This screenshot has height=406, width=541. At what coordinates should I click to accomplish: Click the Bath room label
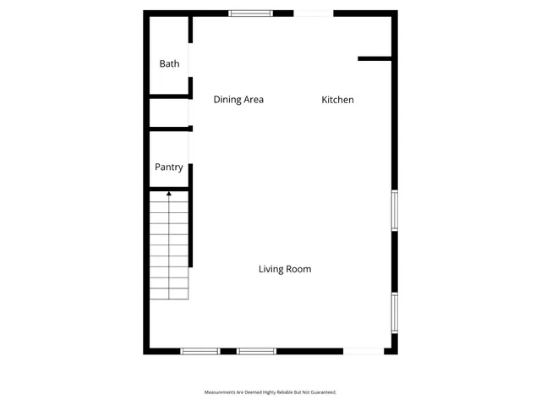pyautogui.click(x=170, y=63)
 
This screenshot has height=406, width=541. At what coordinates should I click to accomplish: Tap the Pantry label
pyautogui.click(x=169, y=167)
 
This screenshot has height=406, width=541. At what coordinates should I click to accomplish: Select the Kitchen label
pyautogui.click(x=337, y=100)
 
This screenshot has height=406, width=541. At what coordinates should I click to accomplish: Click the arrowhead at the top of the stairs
pyautogui.click(x=169, y=194)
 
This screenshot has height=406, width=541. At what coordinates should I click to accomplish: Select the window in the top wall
pyautogui.click(x=250, y=13)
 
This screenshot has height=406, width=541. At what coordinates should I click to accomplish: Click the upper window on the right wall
pyautogui.click(x=394, y=211)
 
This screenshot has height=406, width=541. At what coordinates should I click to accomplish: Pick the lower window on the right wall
pyautogui.click(x=394, y=312)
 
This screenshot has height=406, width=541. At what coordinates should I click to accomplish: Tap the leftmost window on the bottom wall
pyautogui.click(x=200, y=351)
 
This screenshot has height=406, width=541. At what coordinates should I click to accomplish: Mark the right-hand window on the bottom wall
pyautogui.click(x=256, y=351)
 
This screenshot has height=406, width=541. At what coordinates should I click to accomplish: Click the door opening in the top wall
pyautogui.click(x=313, y=13)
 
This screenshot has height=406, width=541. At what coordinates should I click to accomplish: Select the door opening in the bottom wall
pyautogui.click(x=363, y=351)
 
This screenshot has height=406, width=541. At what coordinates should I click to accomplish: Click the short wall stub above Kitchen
pyautogui.click(x=375, y=58)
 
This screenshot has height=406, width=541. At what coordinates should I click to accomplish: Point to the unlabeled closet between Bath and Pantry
pyautogui.click(x=169, y=113)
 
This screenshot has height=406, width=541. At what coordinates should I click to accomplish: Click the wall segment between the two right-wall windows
pyautogui.click(x=394, y=261)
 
